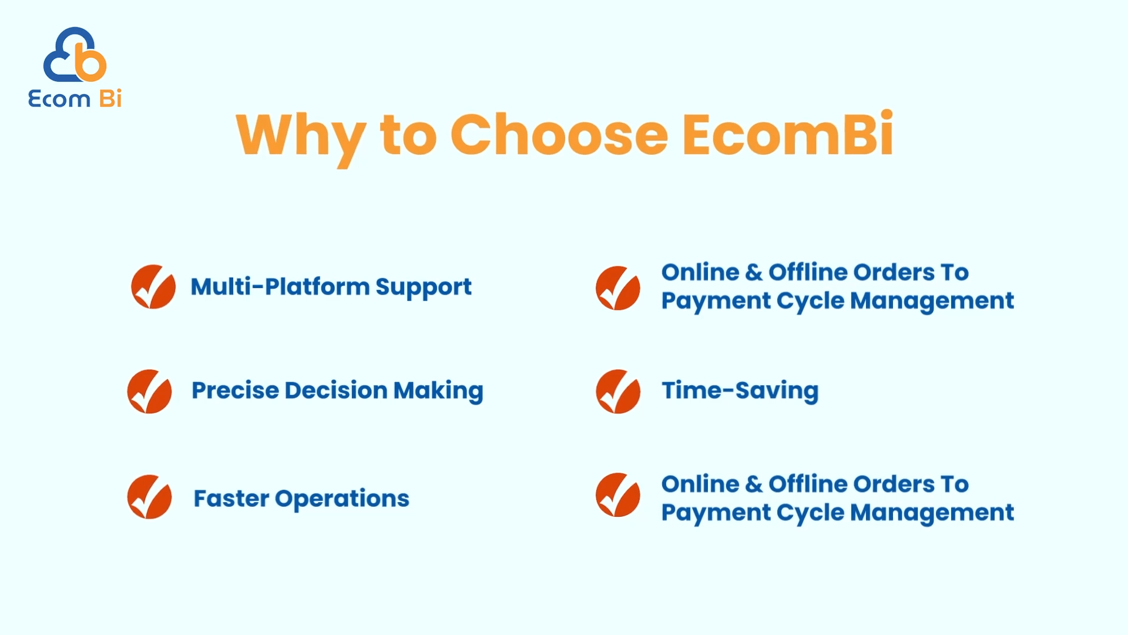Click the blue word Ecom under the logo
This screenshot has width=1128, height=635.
click(59, 99)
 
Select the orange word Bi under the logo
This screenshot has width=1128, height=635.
click(110, 98)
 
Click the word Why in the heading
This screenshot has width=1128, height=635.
click(301, 138)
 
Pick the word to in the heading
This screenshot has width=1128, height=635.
click(409, 136)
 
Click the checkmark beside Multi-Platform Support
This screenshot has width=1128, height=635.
click(153, 286)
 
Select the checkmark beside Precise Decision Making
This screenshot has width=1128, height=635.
click(149, 392)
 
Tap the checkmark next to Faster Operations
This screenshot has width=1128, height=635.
click(149, 497)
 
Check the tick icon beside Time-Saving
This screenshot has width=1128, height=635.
click(618, 392)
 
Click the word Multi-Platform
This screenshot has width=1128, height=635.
click(280, 286)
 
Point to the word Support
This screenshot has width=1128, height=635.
click(424, 288)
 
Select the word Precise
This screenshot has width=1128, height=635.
click(235, 390)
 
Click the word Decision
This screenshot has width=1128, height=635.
click(336, 390)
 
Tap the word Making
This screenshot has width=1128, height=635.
click(438, 392)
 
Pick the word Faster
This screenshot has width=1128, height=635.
click(231, 499)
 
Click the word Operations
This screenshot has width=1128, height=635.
click(342, 499)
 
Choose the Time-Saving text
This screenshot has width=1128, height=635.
click(740, 392)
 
